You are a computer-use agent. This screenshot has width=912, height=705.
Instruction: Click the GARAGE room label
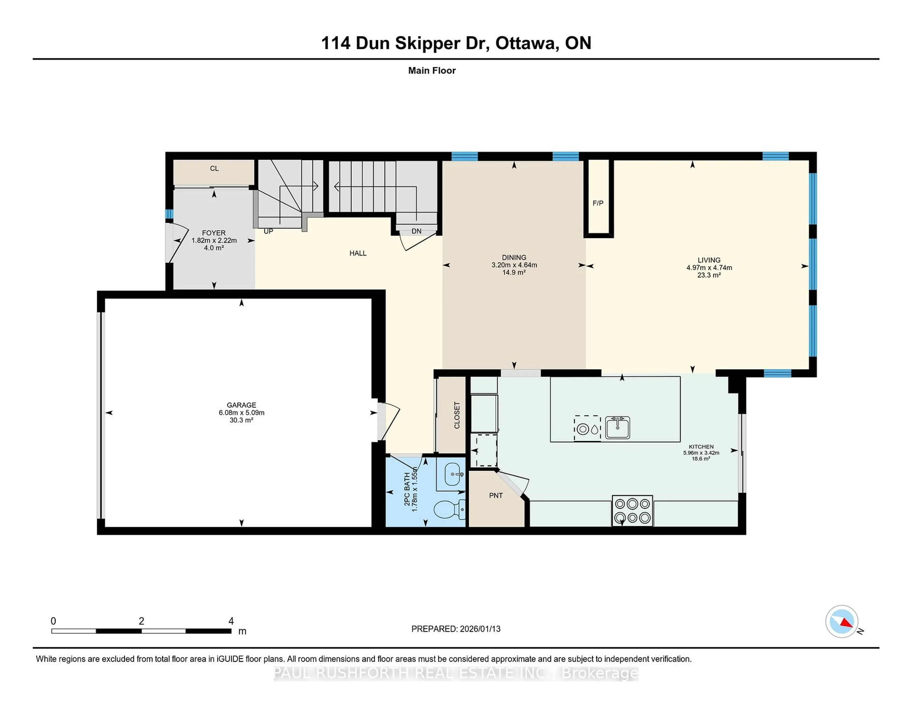coord(241,405)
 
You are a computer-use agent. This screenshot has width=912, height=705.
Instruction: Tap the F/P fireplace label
coord(598,203)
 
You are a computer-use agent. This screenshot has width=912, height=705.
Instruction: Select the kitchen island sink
coord(617,427)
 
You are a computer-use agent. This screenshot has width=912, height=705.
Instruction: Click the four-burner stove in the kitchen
coord(632,510)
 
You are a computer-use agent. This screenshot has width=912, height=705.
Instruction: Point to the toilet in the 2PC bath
coord(448,510)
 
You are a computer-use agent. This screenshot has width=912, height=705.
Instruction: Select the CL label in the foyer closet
coord(214,169)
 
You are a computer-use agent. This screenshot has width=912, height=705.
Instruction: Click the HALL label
coord(358,253)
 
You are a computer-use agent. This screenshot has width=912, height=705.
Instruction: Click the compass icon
coord(841,621)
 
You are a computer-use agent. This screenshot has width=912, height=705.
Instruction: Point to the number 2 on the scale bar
coord(142,621)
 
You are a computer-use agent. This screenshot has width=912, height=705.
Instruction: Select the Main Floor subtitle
coord(432,71)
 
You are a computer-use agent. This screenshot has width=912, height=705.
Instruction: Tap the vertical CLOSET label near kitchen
coord(457,415)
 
